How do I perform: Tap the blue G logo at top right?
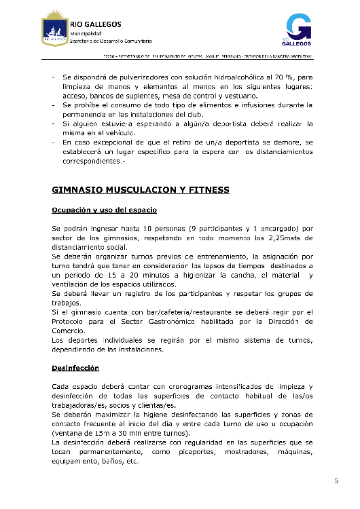point(297,30)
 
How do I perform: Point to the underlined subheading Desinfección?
point(75,368)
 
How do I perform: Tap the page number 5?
point(336,481)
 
